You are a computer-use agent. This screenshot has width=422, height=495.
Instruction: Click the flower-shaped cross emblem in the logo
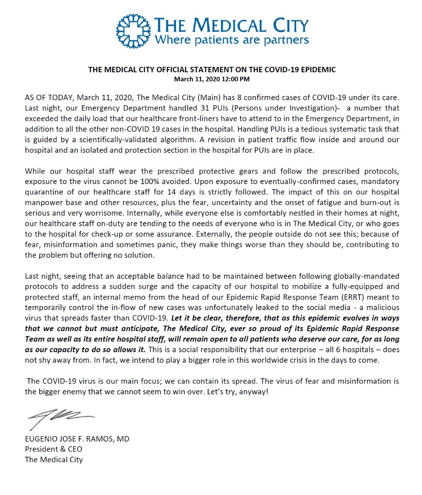133,31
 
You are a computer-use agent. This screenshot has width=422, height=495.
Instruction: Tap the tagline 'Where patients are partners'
232,40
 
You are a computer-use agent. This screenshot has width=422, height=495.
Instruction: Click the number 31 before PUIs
205,108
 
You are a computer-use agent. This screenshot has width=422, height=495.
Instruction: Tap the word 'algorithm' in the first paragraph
177,140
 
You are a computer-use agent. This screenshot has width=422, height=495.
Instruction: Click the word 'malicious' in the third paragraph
382,307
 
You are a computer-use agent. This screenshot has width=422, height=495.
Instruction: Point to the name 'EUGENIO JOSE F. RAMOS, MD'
77,439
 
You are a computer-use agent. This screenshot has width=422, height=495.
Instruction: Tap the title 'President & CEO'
53,449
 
